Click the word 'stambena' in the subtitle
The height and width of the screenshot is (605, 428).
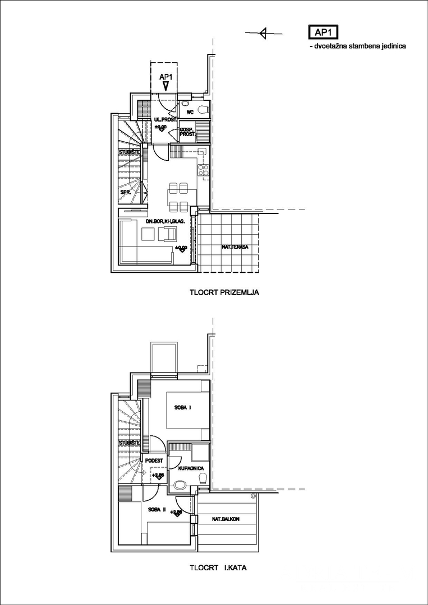tap(363, 46)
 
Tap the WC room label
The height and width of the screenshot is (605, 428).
tap(190, 112)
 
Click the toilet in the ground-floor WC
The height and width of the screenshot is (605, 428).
tap(203, 108)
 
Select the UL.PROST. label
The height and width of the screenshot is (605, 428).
tap(165, 120)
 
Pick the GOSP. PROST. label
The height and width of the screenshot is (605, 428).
tap(187, 132)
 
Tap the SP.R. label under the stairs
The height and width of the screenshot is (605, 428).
tap(126, 192)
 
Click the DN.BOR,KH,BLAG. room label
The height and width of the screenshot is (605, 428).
tap(165, 222)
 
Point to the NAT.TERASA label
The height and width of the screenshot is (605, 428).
tap(235, 247)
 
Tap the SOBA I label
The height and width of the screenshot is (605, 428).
tap(183, 407)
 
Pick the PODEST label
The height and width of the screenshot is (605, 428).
tap(154, 460)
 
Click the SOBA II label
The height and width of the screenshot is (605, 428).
tap(158, 510)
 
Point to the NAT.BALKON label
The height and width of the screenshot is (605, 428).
tap(226, 519)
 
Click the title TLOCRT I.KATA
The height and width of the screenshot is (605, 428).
tap(218, 567)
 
